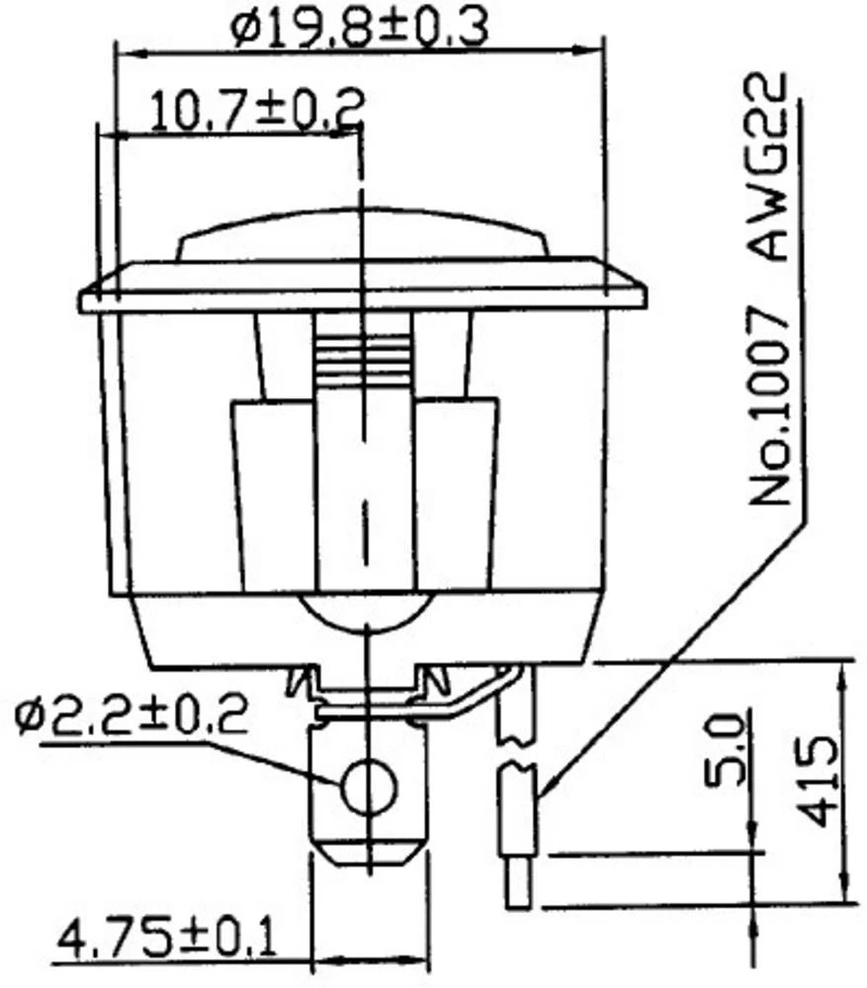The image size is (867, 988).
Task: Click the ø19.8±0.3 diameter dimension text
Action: click(361, 29)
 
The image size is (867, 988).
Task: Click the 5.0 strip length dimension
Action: click(727, 752)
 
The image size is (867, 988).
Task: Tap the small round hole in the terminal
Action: click(368, 786)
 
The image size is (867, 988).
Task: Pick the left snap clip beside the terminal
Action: click(303, 683)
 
